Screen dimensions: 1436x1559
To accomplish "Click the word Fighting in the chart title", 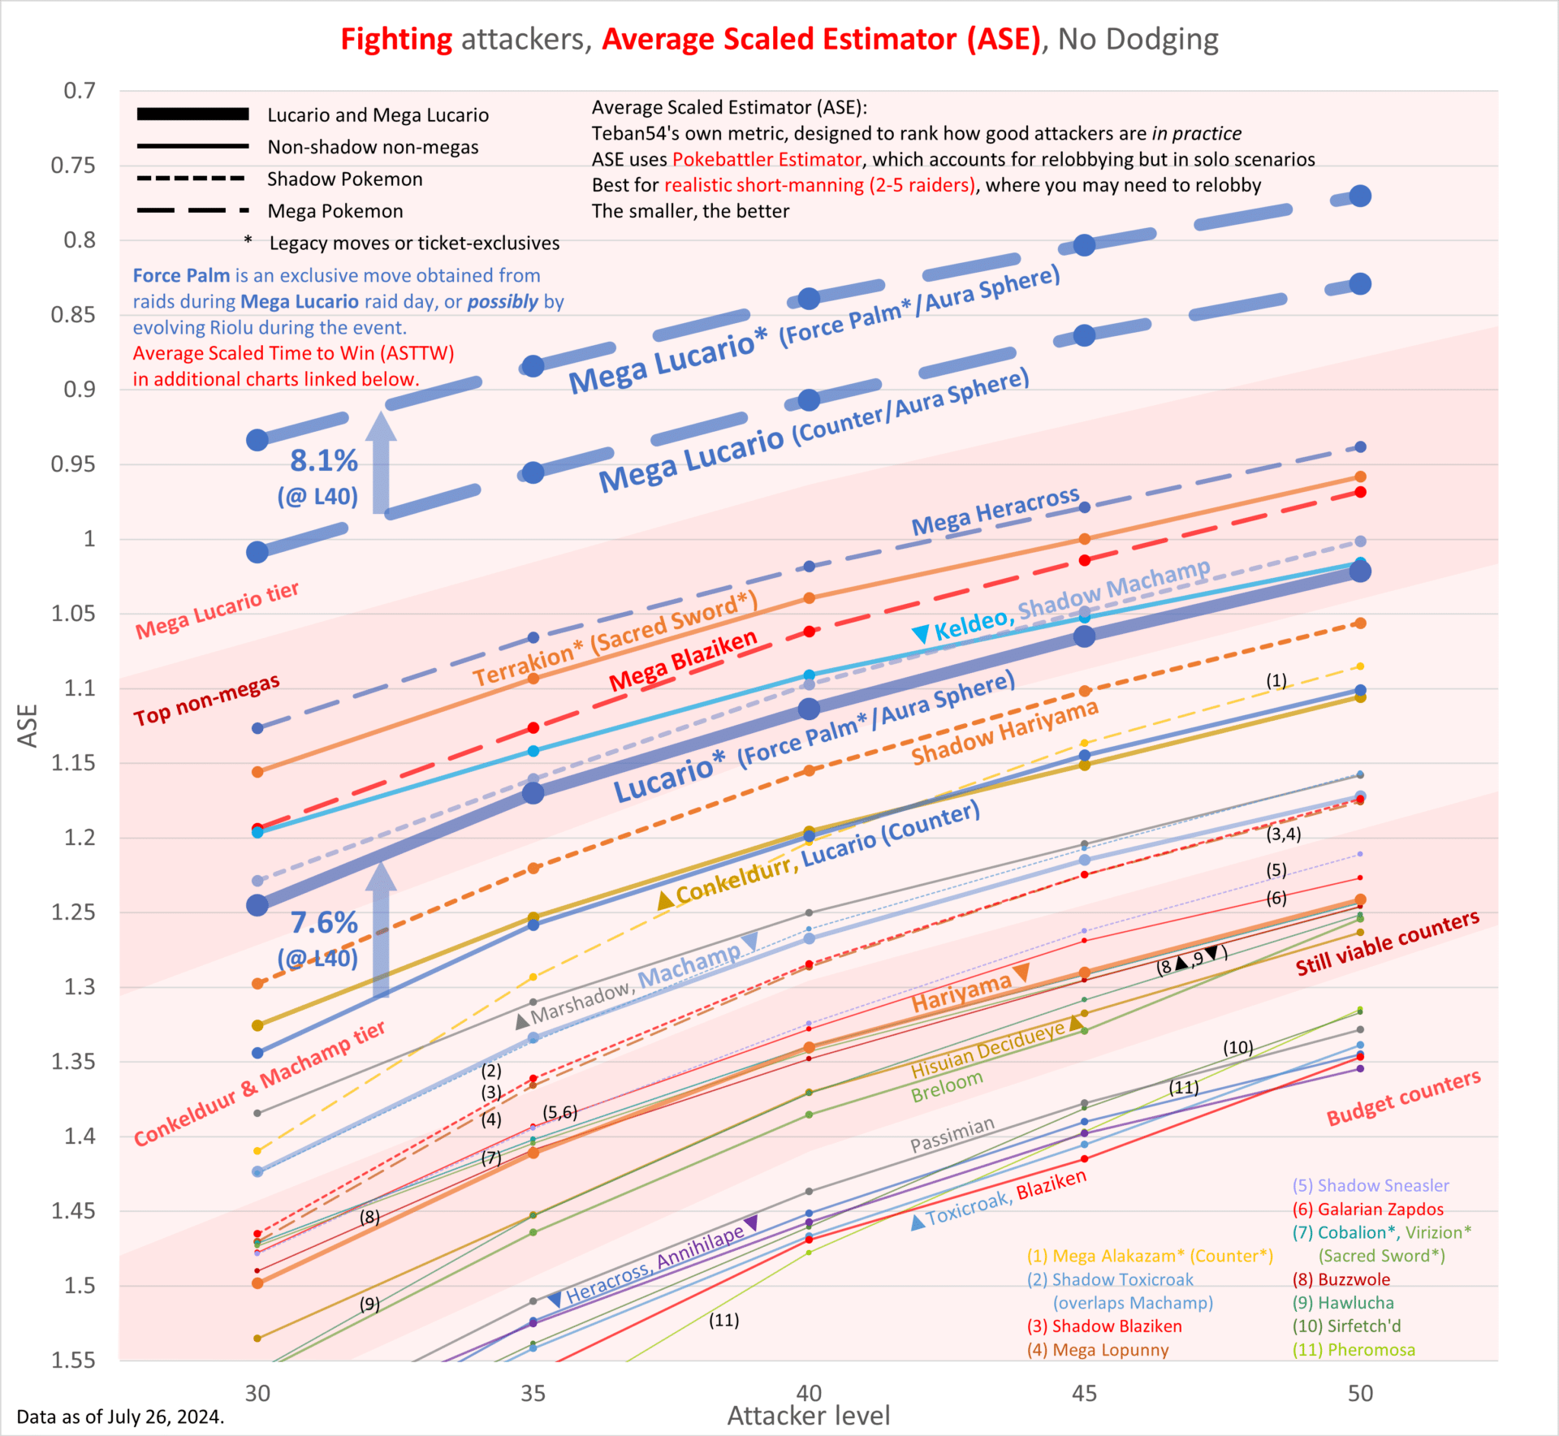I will (396, 39).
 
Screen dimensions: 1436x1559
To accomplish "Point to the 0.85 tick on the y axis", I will (73, 314).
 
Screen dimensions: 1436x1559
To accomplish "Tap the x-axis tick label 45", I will (1084, 1393).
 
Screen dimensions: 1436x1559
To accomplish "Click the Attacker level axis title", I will (808, 1416).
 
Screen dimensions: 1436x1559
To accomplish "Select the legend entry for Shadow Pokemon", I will (344, 179).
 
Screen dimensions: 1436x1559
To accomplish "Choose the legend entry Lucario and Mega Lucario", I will (378, 114).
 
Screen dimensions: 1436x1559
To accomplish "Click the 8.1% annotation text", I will (324, 460).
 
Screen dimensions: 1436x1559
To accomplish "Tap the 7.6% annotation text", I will (324, 922).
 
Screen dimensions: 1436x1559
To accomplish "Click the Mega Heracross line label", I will (995, 511).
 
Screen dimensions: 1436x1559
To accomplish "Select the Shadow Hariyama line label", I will (1004, 732).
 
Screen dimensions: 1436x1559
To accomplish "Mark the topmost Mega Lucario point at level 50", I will (1360, 196).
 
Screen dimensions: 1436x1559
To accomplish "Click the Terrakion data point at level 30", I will (257, 771).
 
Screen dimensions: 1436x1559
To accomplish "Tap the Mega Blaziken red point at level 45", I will (1084, 560).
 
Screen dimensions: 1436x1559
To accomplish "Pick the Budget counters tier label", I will (1403, 1097).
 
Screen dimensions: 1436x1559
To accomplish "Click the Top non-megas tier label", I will (206, 700).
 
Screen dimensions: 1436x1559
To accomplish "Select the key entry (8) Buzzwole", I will (1341, 1279).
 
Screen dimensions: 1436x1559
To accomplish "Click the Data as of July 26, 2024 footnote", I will (120, 1417).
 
